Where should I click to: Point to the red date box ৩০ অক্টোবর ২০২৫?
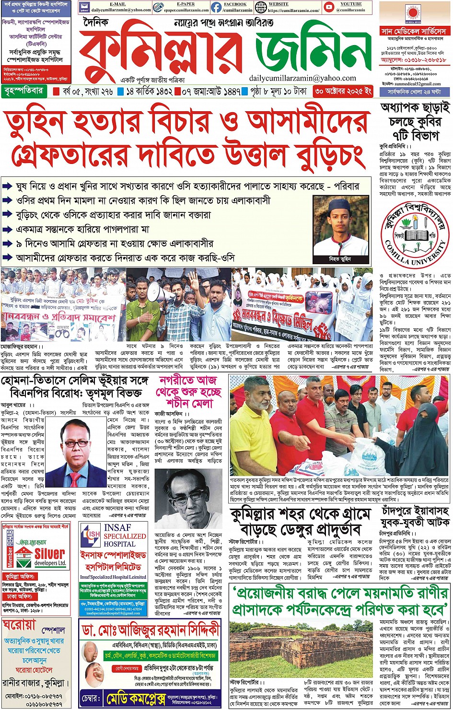[x=342, y=91]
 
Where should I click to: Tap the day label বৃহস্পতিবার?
[x=23, y=91]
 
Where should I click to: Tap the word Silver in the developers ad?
[x=50, y=554]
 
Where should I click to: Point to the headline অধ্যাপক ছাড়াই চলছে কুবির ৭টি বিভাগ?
[x=415, y=121]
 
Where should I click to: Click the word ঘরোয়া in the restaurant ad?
[x=20, y=625]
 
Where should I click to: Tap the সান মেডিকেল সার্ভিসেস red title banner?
[x=413, y=31]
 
